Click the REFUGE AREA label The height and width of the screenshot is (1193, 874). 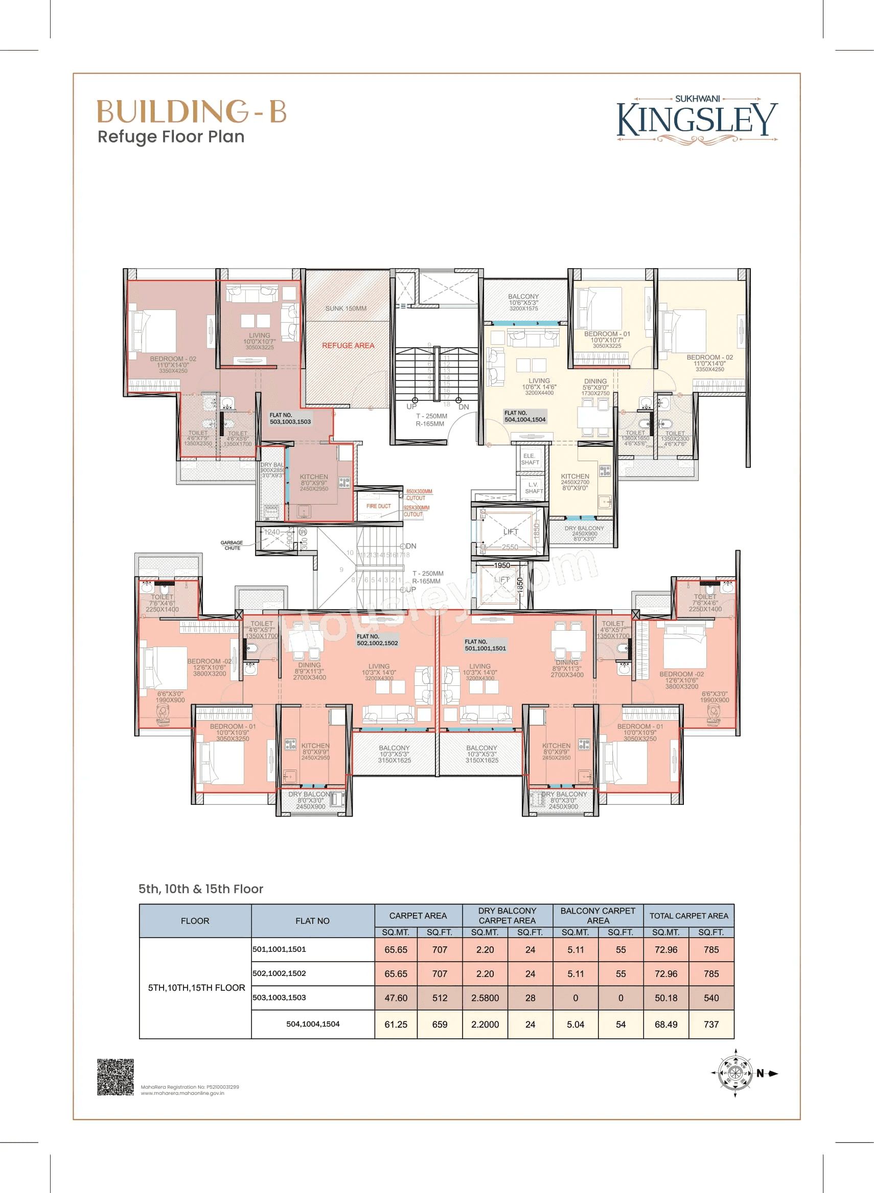[348, 346]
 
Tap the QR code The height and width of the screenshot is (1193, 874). [116, 1077]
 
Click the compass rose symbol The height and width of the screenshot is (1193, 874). [735, 1073]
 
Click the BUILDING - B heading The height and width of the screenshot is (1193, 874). [192, 111]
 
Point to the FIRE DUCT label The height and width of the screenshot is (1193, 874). [378, 507]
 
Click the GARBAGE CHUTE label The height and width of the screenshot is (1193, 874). [232, 545]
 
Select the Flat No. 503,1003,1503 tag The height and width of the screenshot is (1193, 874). [290, 419]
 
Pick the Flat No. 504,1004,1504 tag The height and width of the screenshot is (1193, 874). [524, 417]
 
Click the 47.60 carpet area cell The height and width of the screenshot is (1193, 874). [396, 998]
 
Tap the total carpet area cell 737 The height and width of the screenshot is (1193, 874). [711, 1024]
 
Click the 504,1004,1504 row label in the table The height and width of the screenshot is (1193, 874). [313, 1024]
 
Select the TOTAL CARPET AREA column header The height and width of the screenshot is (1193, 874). [689, 916]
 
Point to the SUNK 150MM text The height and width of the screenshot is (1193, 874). [346, 308]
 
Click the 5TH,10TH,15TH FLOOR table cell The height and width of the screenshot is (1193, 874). [196, 987]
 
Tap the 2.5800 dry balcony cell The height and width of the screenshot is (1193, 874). [485, 998]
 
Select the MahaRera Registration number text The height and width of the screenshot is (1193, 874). [190, 1087]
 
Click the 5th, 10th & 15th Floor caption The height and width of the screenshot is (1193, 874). [200, 889]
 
